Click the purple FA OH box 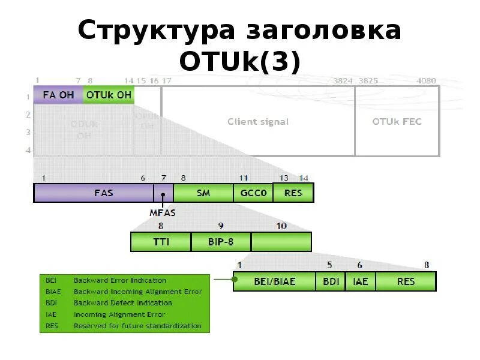[58, 95]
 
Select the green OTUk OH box [109, 95]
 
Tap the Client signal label [258, 121]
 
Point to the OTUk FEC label [397, 121]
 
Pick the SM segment [203, 193]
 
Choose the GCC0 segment [253, 193]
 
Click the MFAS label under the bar [162, 212]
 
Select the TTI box [161, 242]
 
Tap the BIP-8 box [221, 242]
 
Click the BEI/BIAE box [275, 281]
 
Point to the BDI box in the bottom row [331, 281]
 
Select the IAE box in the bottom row [361, 281]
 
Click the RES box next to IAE [406, 281]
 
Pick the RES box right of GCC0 [293, 193]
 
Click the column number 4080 [426, 80]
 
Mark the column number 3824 [343, 80]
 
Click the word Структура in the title [155, 31]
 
